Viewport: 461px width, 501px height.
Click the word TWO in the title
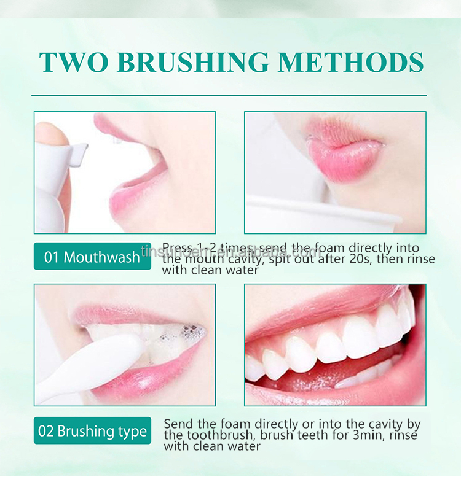click(73, 63)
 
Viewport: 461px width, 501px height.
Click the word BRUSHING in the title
click(193, 63)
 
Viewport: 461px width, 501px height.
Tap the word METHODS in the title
click(350, 63)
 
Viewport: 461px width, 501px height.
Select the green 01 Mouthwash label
click(92, 257)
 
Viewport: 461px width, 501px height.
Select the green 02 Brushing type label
click(92, 431)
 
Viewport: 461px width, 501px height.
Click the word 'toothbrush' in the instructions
click(212, 435)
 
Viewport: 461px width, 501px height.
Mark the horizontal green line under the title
click(229, 96)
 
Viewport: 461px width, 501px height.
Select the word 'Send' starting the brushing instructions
click(179, 424)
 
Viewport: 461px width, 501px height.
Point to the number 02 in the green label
click(46, 431)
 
